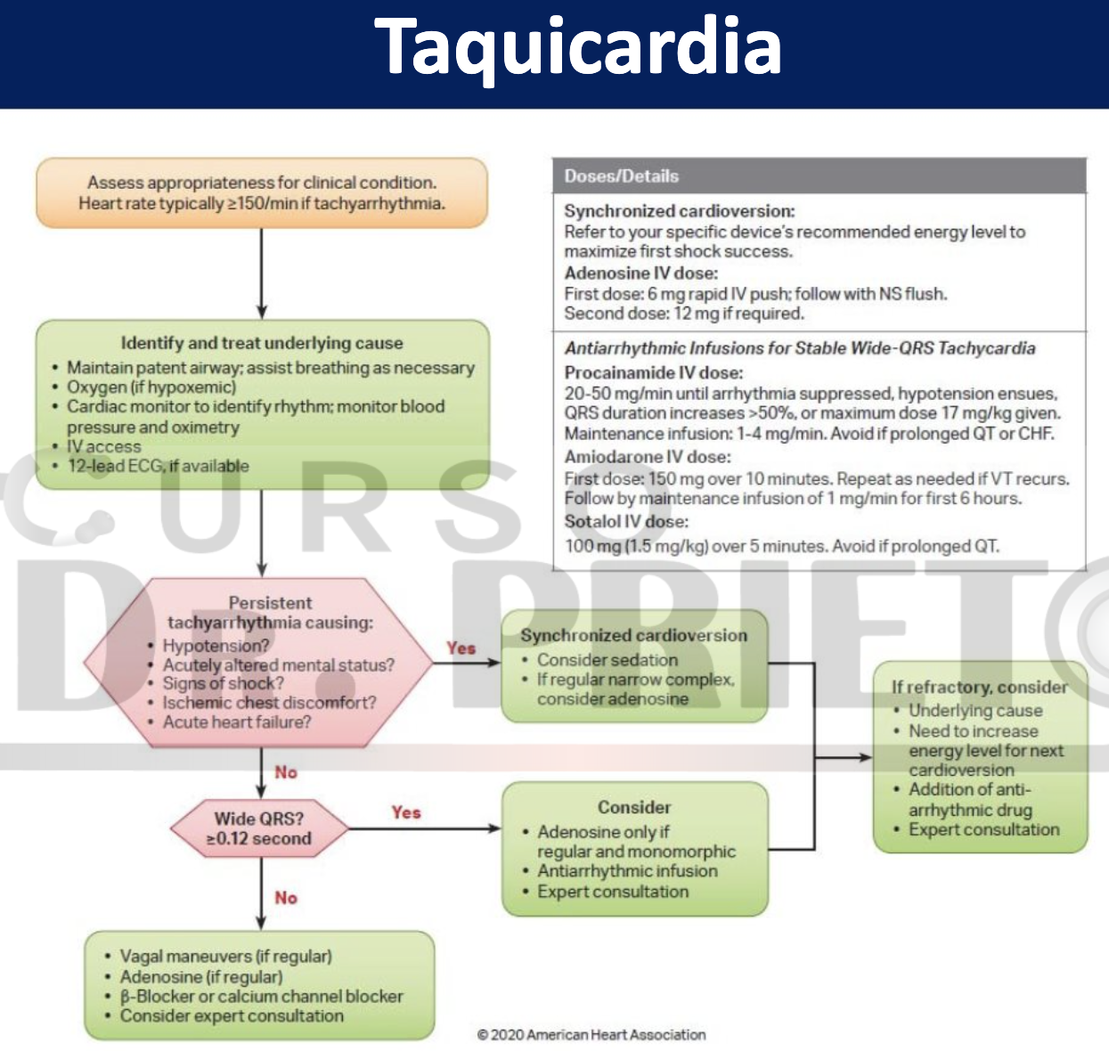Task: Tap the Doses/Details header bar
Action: [819, 176]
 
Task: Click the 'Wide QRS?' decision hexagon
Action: [259, 829]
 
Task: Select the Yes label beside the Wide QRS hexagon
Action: [406, 812]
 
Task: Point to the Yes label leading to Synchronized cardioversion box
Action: [461, 648]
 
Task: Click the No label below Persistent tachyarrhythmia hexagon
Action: [286, 772]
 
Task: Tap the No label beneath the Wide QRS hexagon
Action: [286, 898]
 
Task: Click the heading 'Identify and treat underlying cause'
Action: [262, 343]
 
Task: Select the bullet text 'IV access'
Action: [103, 446]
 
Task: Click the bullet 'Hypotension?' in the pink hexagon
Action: [216, 646]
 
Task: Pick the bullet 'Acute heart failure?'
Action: [237, 722]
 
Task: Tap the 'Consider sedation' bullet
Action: [608, 660]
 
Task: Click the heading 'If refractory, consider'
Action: [979, 687]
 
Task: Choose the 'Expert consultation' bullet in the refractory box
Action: [983, 830]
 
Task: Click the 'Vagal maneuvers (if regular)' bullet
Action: [225, 957]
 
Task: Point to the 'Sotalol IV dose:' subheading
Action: [626, 522]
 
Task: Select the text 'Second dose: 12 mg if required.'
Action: [684, 314]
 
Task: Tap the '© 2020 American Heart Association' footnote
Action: [591, 1035]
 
